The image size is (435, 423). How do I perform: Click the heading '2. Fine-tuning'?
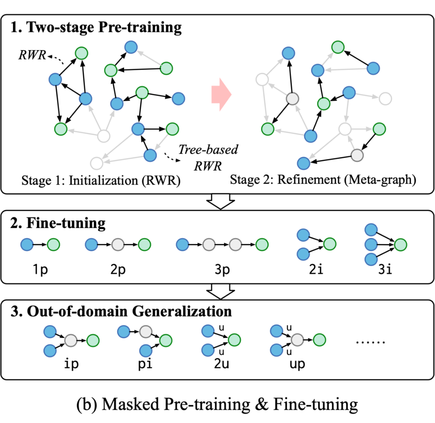(58, 223)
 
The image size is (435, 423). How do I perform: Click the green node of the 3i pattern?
(401, 244)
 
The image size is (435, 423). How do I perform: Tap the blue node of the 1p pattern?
(27, 244)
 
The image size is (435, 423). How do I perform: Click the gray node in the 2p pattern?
(118, 244)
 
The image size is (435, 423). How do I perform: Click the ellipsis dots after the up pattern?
(371, 342)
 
